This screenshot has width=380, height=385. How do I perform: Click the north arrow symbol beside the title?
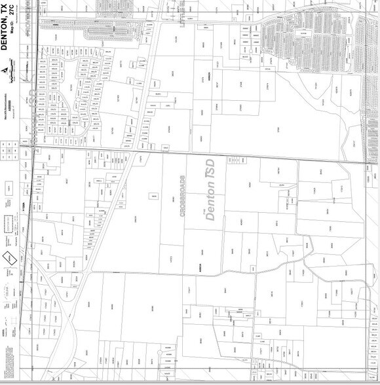click(x=7, y=70)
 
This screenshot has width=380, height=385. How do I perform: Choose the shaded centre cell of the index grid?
click(x=9, y=153)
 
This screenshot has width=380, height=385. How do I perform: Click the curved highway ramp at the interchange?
click(x=66, y=308)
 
